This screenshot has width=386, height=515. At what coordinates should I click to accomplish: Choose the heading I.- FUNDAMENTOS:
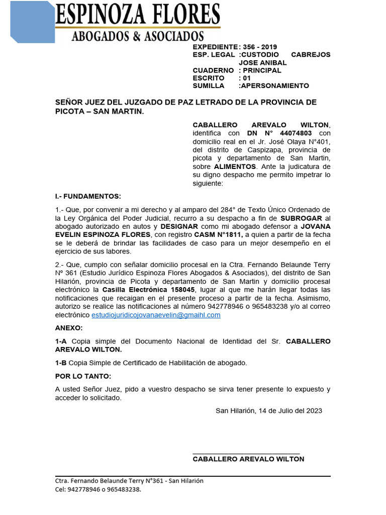click(88, 196)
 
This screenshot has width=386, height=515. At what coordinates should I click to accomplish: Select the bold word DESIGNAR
click(179, 226)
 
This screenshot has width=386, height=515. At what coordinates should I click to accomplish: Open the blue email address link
click(156, 315)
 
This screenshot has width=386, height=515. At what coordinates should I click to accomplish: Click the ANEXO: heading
click(69, 328)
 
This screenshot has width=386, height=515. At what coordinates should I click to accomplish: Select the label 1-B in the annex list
click(61, 363)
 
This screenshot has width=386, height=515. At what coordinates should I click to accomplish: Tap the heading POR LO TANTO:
click(83, 376)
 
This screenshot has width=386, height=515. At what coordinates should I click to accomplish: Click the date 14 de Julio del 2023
click(290, 410)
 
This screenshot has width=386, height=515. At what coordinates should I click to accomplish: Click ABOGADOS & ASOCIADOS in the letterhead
click(138, 36)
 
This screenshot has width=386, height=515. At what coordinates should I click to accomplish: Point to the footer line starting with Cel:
click(98, 489)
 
